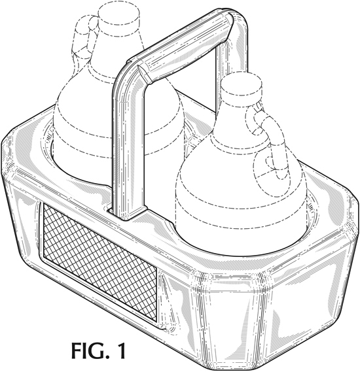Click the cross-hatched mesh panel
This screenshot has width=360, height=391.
click(x=100, y=263)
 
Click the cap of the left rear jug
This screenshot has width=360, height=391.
click(x=118, y=17)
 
